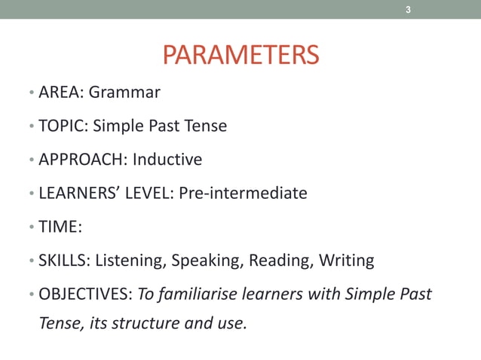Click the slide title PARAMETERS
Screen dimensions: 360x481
[x=240, y=55]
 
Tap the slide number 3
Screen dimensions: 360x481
[x=408, y=10]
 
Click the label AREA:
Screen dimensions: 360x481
[x=61, y=93]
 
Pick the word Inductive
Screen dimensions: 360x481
[x=167, y=160]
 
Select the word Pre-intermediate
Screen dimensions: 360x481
[x=243, y=193]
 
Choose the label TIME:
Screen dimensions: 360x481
[x=60, y=227]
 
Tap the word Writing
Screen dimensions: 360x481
[x=346, y=261]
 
